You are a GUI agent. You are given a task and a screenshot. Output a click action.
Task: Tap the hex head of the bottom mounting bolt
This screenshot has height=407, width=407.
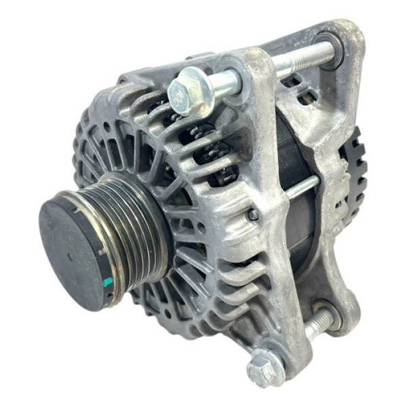[265, 370]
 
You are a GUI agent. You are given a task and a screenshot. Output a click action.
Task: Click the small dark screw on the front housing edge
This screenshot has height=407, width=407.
[253, 214]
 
